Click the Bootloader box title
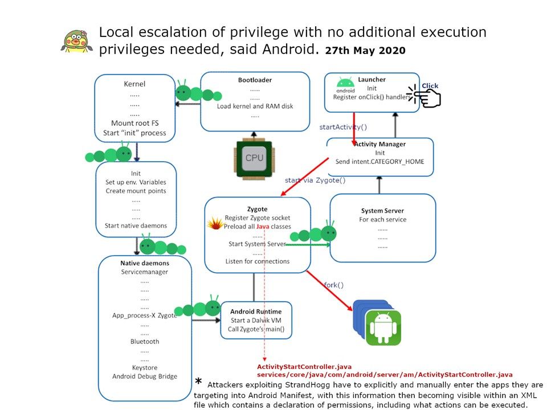[254, 80]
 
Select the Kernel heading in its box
[134, 84]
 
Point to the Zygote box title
[257, 209]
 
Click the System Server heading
[382, 211]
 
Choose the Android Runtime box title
[256, 311]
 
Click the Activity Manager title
[380, 144]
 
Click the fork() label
[333, 285]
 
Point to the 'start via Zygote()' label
[315, 180]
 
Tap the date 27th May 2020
[365, 51]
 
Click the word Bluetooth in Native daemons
[145, 341]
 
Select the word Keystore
[145, 367]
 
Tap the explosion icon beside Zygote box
[214, 224]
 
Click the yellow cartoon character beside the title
[76, 42]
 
